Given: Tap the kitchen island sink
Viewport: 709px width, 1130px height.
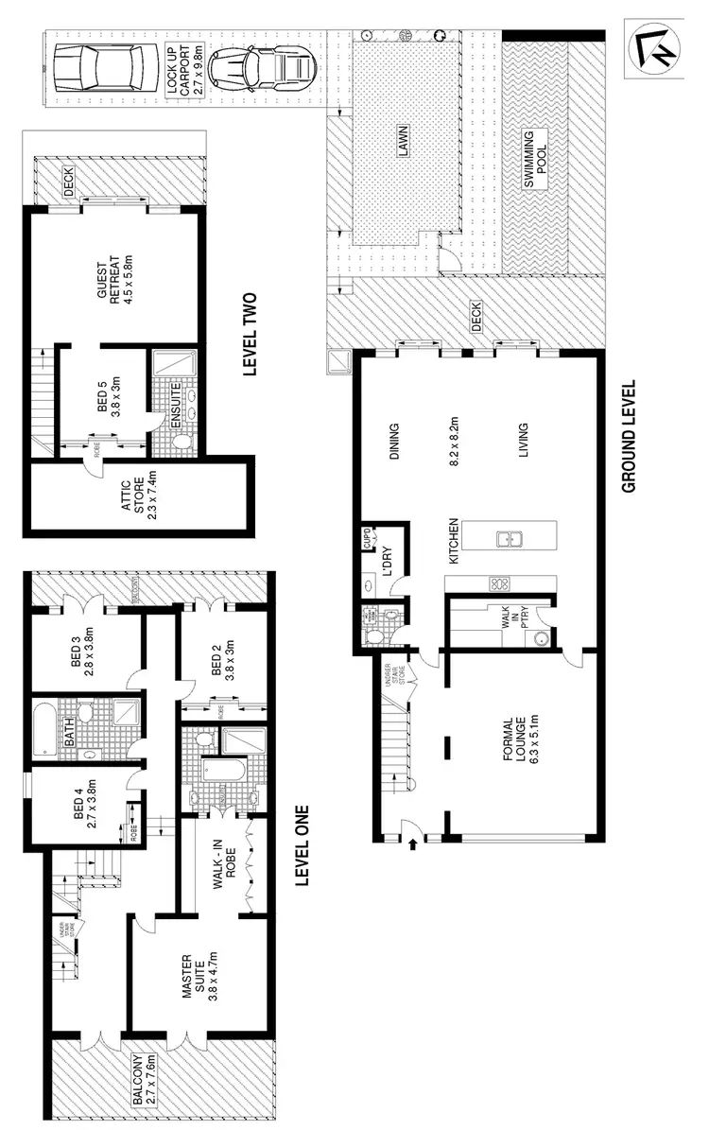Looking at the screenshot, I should pos(508,540).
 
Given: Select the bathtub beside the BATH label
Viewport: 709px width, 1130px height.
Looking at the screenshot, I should pos(43,729).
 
